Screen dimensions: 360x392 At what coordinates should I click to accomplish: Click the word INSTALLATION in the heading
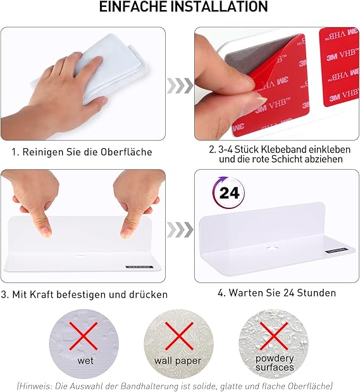coord(220,7)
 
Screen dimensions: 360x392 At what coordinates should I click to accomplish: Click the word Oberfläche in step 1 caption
coord(126,152)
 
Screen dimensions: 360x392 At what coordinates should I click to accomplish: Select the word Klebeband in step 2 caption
coord(283,149)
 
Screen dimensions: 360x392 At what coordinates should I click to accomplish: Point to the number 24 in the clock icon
coord(229,193)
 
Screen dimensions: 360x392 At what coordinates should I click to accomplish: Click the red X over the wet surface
coord(84,336)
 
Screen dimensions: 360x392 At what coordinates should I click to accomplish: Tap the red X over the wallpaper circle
coord(179,336)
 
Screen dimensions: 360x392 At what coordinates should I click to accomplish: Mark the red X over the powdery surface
coord(274,336)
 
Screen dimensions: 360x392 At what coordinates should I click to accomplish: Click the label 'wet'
coord(85,361)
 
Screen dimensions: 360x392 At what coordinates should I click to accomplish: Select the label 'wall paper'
coord(178,361)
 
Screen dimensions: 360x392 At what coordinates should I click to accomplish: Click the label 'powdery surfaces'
coord(275,363)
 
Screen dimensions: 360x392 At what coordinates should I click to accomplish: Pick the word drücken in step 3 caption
coord(148,294)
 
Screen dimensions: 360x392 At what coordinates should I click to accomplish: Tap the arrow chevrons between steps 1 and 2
coord(180,85)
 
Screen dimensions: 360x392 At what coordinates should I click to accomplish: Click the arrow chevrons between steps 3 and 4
coord(180,229)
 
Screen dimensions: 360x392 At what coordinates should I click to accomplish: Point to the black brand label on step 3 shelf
coord(139,267)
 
